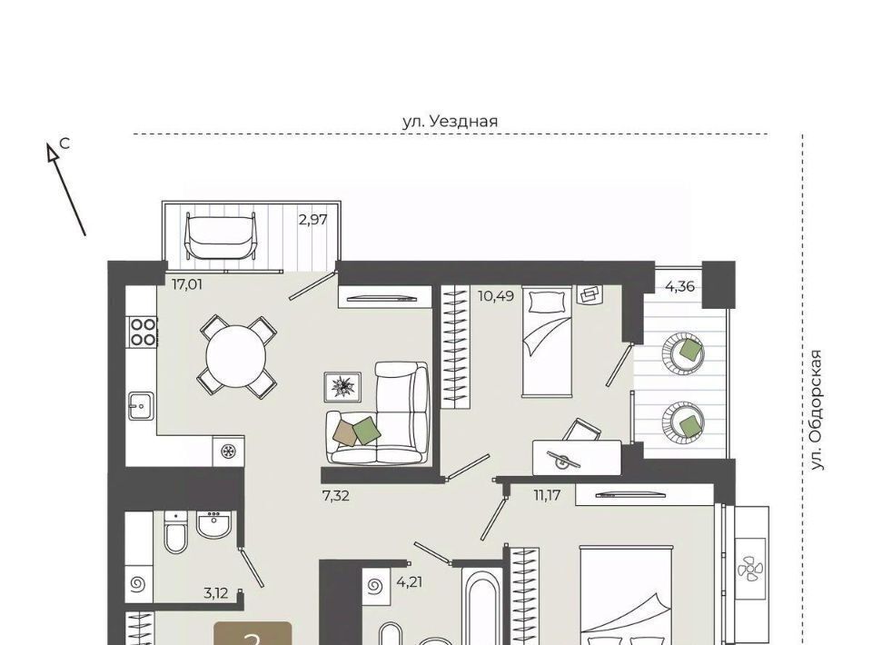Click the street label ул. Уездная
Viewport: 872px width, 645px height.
450,121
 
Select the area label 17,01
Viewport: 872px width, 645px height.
187,285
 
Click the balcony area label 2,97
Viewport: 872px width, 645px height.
313,220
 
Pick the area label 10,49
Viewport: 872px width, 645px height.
496,295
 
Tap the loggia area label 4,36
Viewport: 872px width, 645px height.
680,287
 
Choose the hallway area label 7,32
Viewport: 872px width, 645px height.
336,495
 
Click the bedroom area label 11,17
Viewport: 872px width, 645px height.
547,495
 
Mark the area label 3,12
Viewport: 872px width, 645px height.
216,593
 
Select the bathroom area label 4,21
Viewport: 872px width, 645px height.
410,582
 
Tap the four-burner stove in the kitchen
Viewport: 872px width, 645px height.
143,332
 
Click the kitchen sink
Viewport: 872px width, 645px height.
141,406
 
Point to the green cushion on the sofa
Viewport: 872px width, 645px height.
366,430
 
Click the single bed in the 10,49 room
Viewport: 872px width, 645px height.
546,342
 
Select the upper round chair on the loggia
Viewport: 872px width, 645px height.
683,352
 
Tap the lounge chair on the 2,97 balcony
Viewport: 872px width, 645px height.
222,236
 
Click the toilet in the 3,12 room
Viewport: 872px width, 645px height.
176,532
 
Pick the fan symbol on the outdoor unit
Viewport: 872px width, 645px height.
750,570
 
